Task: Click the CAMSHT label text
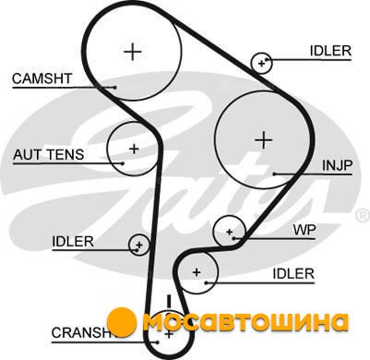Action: pos(42,78)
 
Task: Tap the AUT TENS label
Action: pos(48,154)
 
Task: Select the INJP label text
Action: pos(337,165)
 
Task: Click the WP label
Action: pos(304,230)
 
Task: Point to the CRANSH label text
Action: pos(81,332)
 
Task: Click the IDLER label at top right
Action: pos(330,51)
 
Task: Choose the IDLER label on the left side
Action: pos(73,242)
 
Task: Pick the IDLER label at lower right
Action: pos(293,273)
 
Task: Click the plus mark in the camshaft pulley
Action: pos(133,52)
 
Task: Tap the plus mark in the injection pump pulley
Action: pos(264,140)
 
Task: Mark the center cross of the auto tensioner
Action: pos(134,150)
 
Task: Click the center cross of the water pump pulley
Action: pos(229,232)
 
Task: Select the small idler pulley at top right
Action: pos(262,63)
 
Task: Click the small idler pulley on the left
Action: pos(139,245)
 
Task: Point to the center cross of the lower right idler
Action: pos(197,272)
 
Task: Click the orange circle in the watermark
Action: pos(122,321)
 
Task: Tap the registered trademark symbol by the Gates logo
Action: pos(363,216)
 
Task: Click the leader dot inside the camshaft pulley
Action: pos(114,88)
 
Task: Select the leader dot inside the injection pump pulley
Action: pos(274,174)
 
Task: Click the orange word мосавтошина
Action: pos(246,322)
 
